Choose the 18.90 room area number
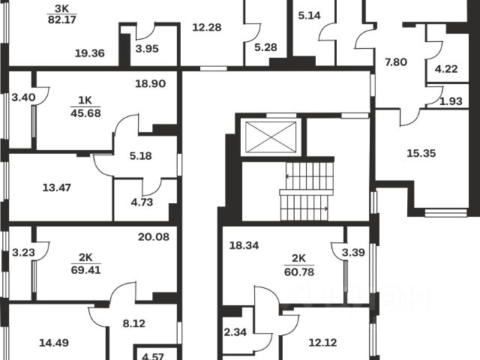pos(150,85)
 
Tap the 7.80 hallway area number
pos(396,62)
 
